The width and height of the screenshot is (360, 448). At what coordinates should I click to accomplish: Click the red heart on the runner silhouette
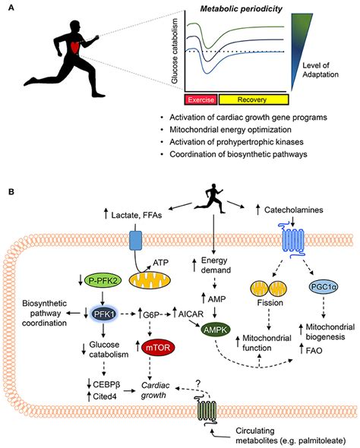(x=75, y=47)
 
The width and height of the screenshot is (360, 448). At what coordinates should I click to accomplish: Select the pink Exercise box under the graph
(x=201, y=99)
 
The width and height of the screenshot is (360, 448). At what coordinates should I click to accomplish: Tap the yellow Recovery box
(x=254, y=99)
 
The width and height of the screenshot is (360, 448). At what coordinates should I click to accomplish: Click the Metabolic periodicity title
(x=242, y=9)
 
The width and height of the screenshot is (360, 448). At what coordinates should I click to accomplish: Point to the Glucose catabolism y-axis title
(x=175, y=51)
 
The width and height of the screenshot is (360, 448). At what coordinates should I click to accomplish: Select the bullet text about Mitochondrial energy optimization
(x=230, y=130)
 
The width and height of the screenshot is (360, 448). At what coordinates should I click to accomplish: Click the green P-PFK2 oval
(x=103, y=281)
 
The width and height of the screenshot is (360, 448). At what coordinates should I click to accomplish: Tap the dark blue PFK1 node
(x=104, y=314)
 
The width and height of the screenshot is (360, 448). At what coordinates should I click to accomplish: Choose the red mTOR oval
(x=158, y=348)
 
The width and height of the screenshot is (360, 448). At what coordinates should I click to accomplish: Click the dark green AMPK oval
(x=216, y=330)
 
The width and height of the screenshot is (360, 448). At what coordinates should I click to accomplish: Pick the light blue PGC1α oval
(x=324, y=286)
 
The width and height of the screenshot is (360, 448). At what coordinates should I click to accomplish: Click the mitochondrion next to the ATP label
(x=150, y=280)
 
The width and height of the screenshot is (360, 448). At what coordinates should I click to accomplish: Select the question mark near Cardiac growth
(x=197, y=383)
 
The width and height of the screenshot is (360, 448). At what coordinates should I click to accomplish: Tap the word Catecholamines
(x=294, y=210)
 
